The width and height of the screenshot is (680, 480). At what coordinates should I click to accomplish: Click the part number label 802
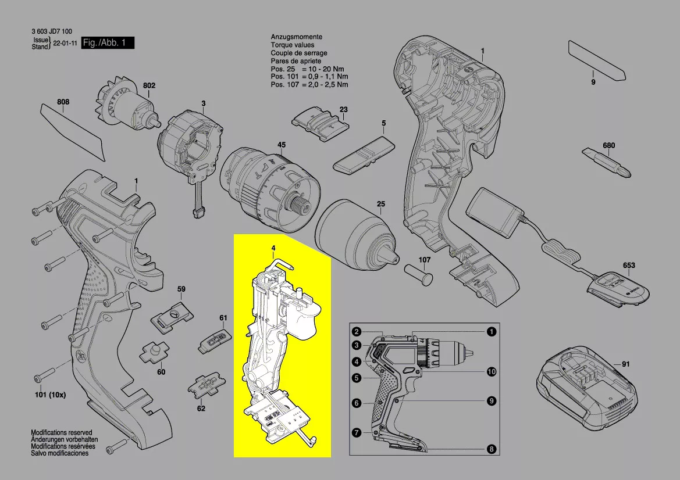click(149, 85)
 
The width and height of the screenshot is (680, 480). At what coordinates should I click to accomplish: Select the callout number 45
click(281, 145)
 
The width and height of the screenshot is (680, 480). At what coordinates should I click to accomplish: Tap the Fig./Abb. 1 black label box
click(108, 43)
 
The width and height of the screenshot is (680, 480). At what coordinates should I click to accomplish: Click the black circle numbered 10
click(492, 371)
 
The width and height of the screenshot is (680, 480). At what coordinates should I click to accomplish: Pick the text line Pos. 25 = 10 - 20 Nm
click(307, 69)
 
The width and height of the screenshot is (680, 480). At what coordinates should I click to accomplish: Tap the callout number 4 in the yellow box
click(273, 249)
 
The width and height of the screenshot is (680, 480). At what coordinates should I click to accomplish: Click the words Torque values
click(292, 45)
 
